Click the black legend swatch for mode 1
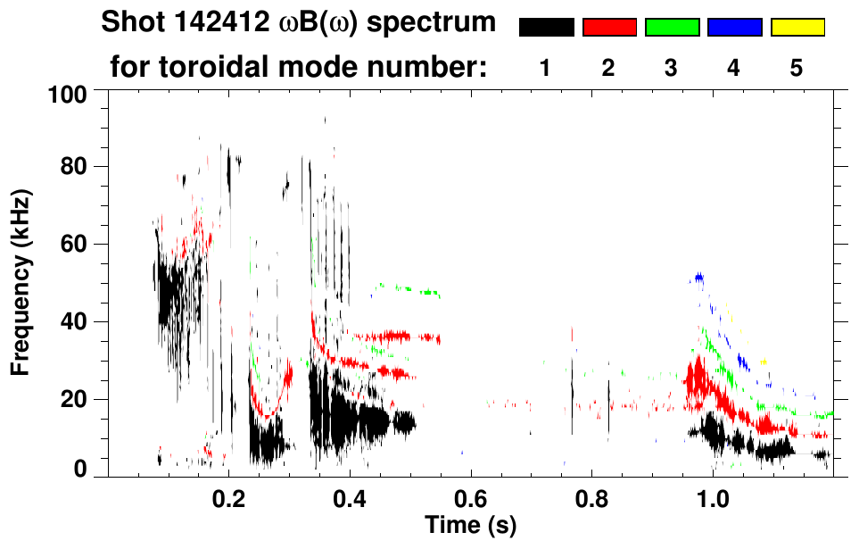click(x=546, y=28)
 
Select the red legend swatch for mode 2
click(x=609, y=28)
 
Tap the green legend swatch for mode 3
click(x=672, y=28)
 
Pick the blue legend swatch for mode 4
click(x=734, y=28)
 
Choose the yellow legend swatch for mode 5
click(x=797, y=28)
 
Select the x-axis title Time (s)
click(x=470, y=523)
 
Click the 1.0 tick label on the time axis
click(x=713, y=497)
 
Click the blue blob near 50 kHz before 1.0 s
click(x=699, y=279)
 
